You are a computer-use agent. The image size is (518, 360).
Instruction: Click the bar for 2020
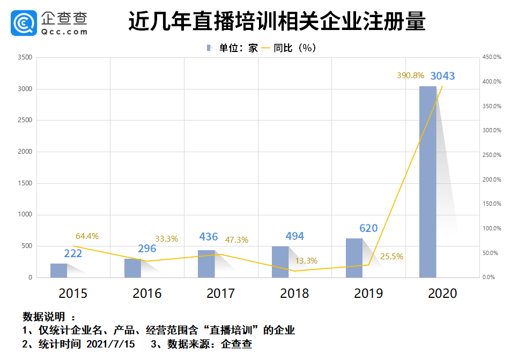pyautogui.click(x=428, y=182)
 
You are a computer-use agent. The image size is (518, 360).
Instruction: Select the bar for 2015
pyautogui.click(x=59, y=271)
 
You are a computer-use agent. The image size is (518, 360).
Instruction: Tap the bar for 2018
pyautogui.click(x=280, y=262)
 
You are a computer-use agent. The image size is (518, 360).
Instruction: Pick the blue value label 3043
pyautogui.click(x=442, y=76)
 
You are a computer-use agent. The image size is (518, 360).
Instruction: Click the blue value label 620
pyautogui.click(x=368, y=228)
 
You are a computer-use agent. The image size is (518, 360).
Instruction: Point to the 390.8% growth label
pyautogui.click(x=410, y=76)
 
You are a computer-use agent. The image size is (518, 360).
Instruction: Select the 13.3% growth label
pyautogui.click(x=307, y=261)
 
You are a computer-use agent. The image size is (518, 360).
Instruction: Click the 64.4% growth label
pyautogui.click(x=87, y=236)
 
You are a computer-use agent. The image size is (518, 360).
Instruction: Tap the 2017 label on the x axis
pyautogui.click(x=220, y=294)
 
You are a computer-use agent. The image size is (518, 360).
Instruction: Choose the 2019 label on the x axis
pyautogui.click(x=368, y=294)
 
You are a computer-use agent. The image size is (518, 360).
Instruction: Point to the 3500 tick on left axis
pyautogui.click(x=25, y=57)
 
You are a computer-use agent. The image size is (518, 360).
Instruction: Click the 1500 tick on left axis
pyautogui.click(x=25, y=183)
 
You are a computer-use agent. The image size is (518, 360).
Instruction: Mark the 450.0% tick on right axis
pyautogui.click(x=492, y=57)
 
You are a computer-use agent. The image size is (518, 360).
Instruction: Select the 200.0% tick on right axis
pyautogui.click(x=492, y=179)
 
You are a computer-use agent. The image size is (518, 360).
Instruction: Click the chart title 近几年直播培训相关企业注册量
pyautogui.click(x=277, y=22)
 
